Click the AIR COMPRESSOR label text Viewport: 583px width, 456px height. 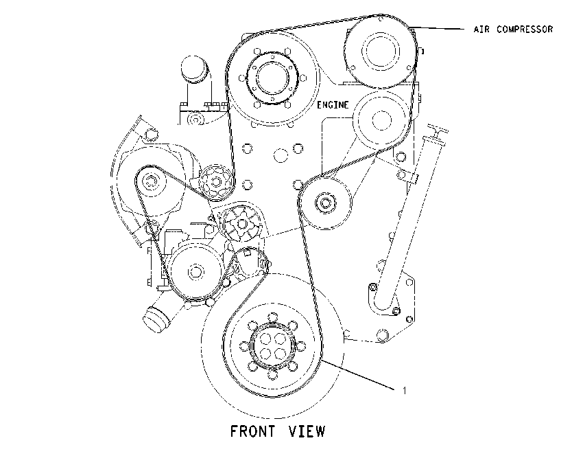click(x=513, y=29)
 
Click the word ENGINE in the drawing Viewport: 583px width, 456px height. click(x=333, y=105)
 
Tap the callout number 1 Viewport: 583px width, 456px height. click(x=405, y=391)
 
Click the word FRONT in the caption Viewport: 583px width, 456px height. click(x=253, y=431)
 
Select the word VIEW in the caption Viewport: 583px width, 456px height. click(x=307, y=431)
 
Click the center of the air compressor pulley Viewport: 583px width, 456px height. click(x=380, y=52)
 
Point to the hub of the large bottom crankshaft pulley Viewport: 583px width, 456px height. click(x=272, y=347)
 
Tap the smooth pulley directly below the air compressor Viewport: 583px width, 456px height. click(x=382, y=120)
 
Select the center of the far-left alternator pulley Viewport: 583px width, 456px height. click(x=151, y=183)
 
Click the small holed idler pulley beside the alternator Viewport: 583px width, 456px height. click(x=216, y=183)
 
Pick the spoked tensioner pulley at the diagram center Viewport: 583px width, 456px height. click(x=241, y=224)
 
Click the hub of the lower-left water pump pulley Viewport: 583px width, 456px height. click(x=195, y=271)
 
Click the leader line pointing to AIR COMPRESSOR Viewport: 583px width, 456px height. click(x=438, y=28)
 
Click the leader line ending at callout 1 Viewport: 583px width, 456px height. click(x=359, y=375)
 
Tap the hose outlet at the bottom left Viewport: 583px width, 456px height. click(x=156, y=319)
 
